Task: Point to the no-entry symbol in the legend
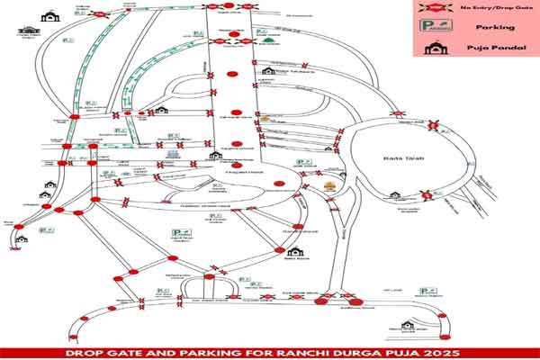(434, 8)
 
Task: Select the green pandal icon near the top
(266, 40)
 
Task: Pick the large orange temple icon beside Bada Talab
(328, 187)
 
